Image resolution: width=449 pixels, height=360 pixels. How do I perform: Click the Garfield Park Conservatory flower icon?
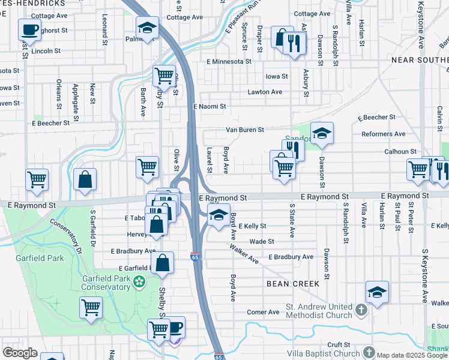(139, 281)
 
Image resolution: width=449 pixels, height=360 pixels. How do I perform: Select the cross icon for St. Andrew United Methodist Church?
(361, 310)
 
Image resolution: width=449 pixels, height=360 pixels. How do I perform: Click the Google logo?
(19, 353)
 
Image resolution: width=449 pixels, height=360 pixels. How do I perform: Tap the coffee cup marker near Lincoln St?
(29, 29)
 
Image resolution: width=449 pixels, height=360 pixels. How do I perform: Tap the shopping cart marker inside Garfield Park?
(91, 307)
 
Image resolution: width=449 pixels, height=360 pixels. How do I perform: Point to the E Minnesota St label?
(228, 61)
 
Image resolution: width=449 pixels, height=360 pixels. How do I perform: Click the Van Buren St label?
(244, 130)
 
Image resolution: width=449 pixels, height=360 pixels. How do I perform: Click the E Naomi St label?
(209, 106)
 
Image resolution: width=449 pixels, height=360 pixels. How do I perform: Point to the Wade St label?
(262, 241)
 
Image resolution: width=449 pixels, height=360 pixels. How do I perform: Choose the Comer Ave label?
(263, 312)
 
